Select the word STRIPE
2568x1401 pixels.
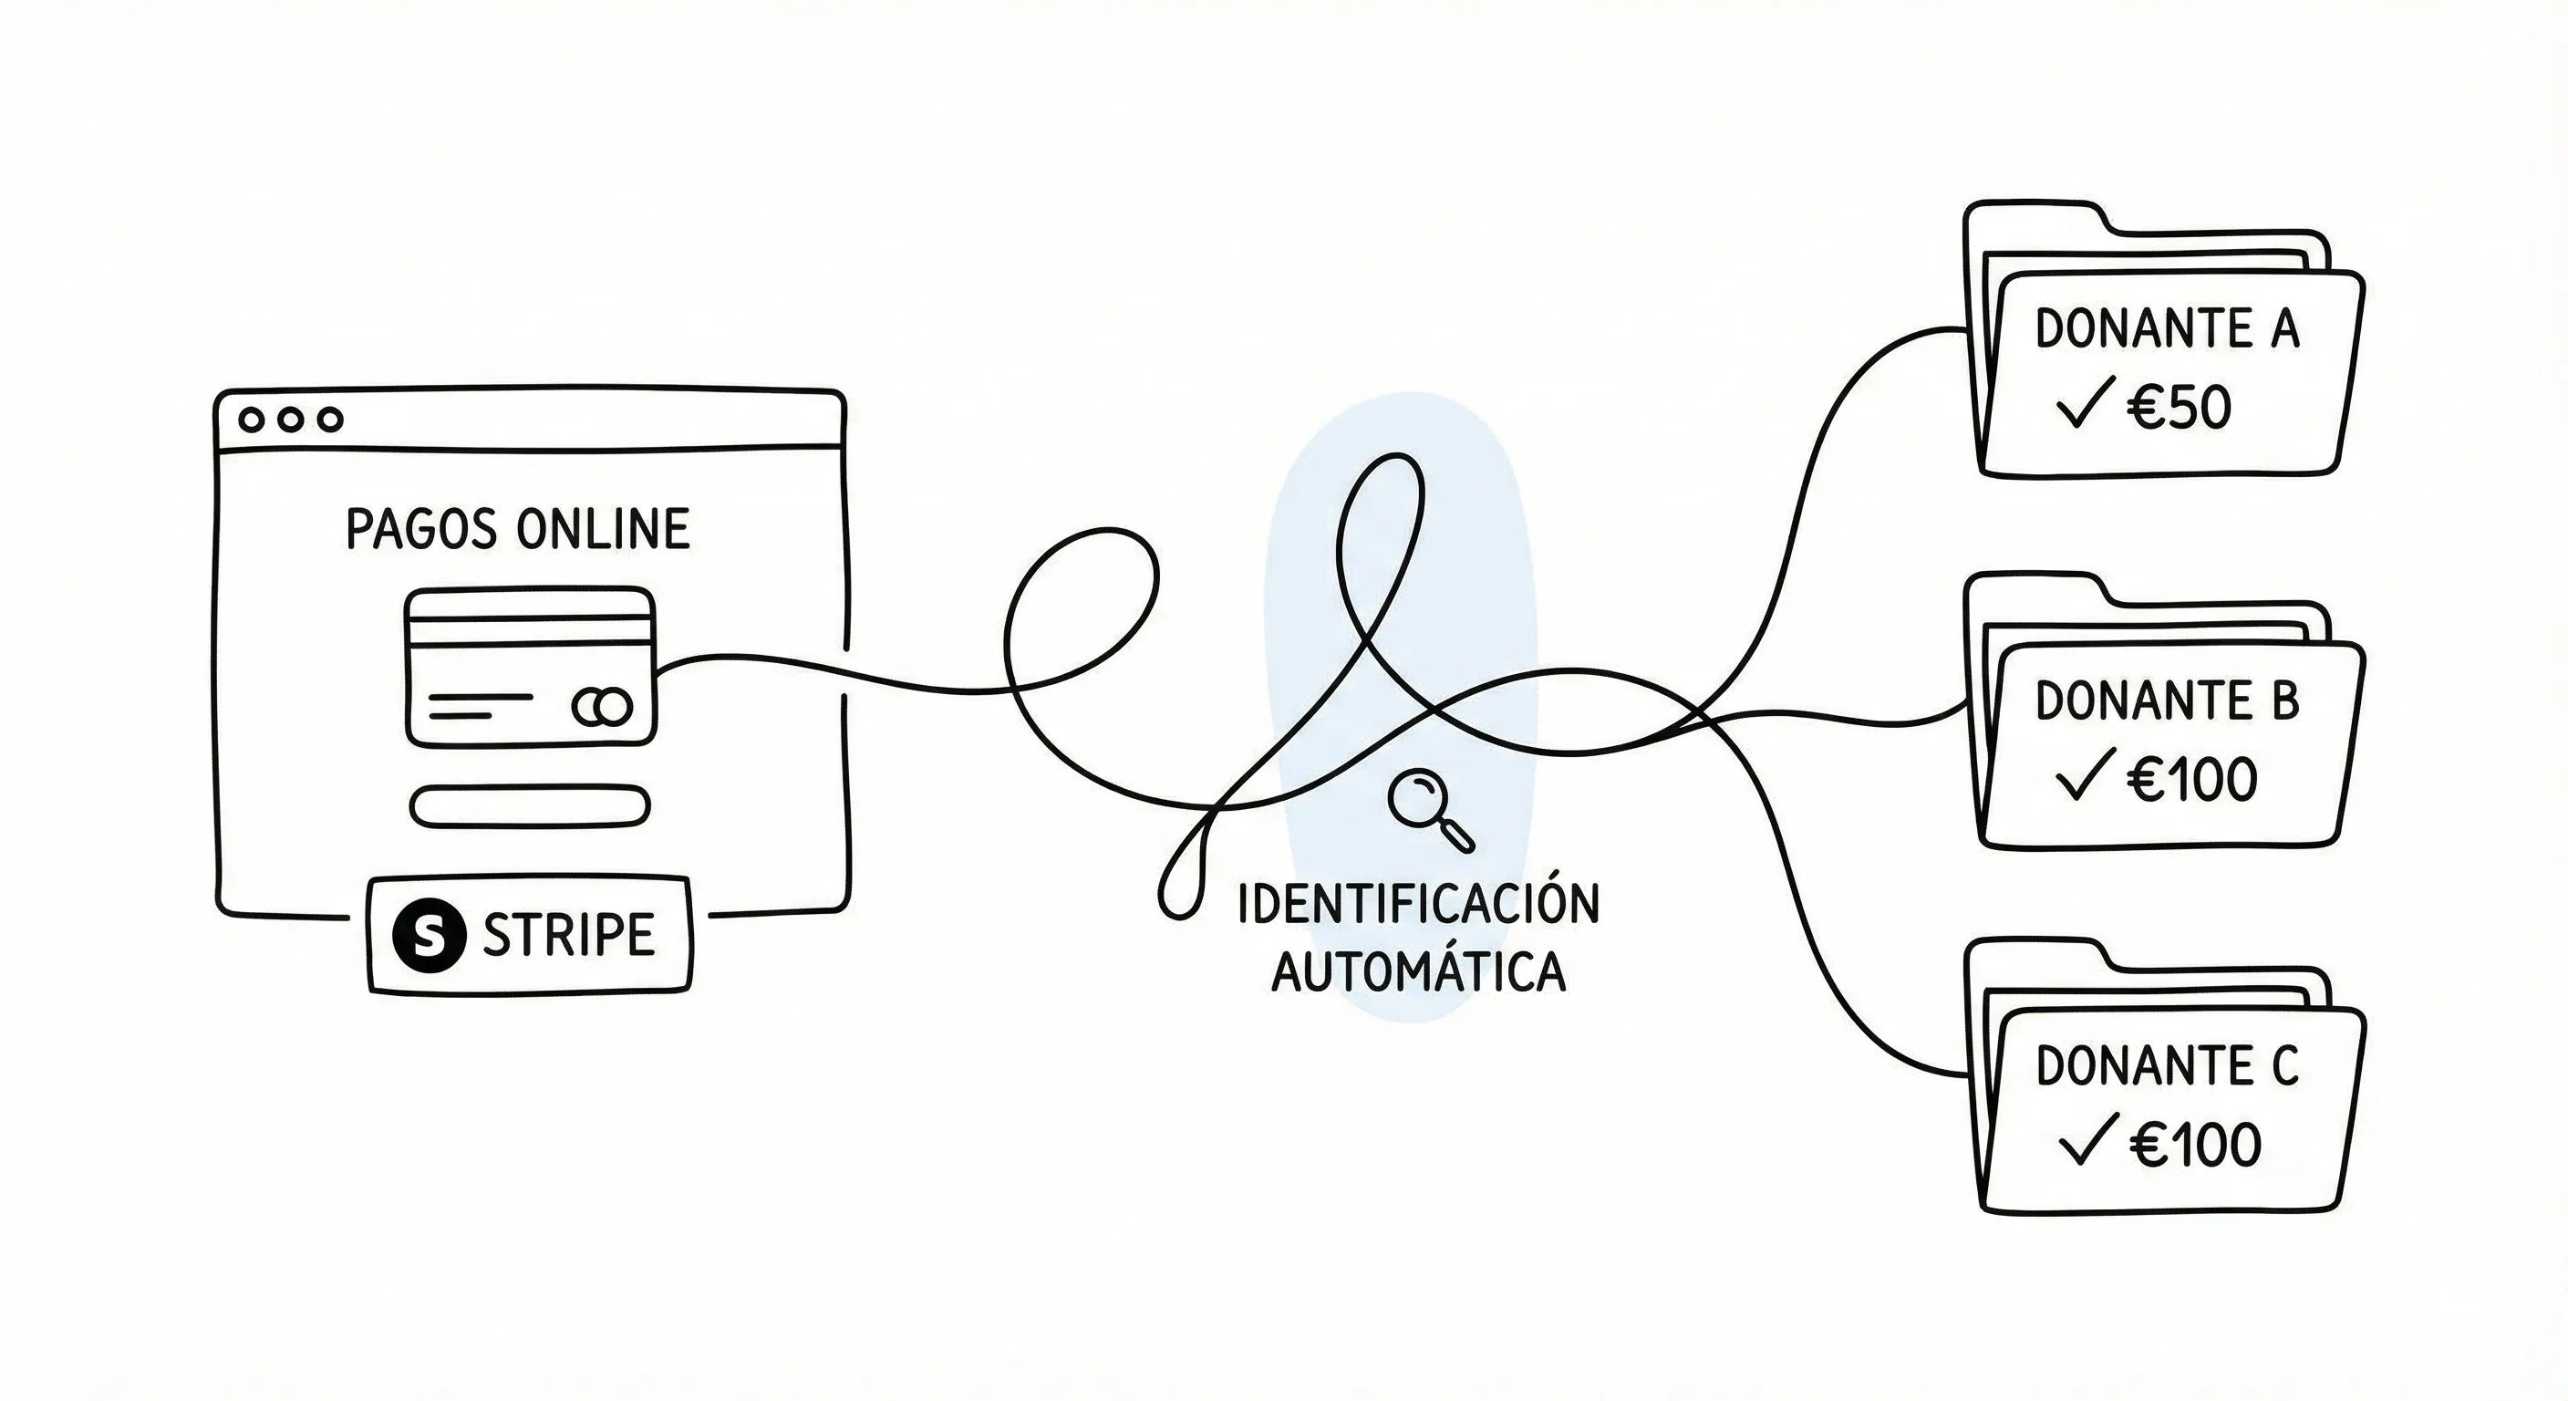click(x=568, y=934)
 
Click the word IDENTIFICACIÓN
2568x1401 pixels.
click(x=1417, y=903)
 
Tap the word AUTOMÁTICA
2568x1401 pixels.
click(x=1417, y=971)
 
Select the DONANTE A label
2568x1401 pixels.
click(x=2166, y=329)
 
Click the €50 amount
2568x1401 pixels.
click(x=2180, y=408)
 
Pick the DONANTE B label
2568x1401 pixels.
click(x=2166, y=701)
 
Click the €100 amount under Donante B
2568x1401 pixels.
click(x=2192, y=780)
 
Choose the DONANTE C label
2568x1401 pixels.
click(x=2166, y=1066)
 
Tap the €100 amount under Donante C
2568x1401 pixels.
click(x=2195, y=1145)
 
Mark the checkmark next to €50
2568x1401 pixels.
click(x=2085, y=404)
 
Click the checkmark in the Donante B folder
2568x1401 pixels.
click(x=2085, y=776)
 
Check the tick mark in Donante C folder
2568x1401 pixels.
click(x=2086, y=1140)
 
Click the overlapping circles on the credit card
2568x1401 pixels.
click(x=602, y=707)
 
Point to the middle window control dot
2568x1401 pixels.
click(x=290, y=420)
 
